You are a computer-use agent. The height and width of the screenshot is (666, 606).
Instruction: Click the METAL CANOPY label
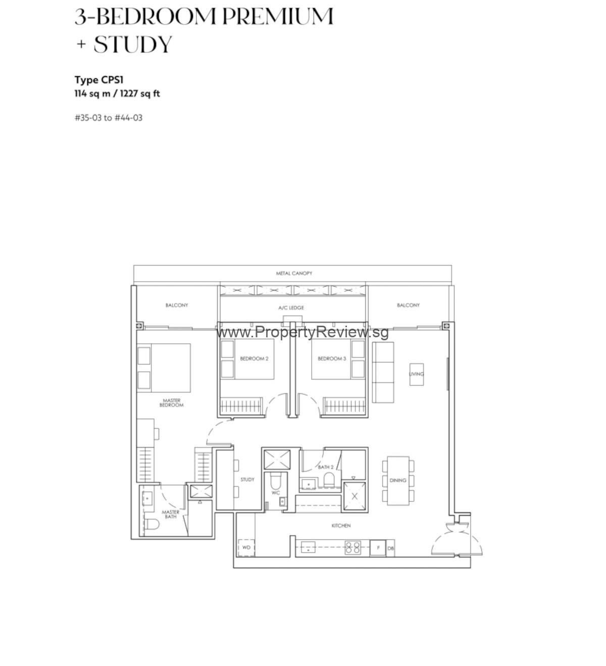click(294, 273)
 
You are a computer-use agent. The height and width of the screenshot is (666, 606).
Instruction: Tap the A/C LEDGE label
click(291, 308)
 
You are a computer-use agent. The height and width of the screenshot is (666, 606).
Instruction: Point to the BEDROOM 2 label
click(254, 359)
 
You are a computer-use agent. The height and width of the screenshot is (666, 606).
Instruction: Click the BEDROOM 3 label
click(332, 359)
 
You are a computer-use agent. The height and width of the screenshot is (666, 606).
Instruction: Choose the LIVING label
click(417, 374)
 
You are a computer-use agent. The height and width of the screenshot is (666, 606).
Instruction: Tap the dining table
click(398, 480)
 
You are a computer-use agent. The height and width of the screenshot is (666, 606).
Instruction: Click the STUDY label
click(247, 479)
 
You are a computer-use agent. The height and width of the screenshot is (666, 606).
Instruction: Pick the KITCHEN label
click(341, 526)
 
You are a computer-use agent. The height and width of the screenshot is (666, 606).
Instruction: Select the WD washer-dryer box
click(246, 547)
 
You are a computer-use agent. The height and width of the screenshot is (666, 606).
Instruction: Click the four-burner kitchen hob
click(352, 547)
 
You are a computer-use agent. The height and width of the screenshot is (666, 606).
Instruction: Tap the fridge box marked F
click(378, 547)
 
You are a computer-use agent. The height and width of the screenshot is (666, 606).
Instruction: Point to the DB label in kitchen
click(390, 548)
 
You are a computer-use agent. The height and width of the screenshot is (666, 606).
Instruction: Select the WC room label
click(276, 492)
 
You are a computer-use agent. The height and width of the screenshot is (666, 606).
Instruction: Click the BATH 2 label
click(326, 467)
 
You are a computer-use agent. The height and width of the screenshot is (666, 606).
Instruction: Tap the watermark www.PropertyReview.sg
click(302, 332)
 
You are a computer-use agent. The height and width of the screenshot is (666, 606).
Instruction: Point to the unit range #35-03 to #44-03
click(109, 118)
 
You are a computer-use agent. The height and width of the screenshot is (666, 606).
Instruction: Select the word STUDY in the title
click(133, 44)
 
